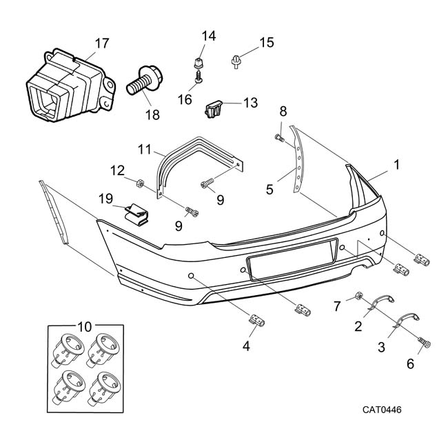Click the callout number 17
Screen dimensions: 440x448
pos(101,43)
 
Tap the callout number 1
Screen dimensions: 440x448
pos(396,165)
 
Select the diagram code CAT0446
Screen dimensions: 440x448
pos(382,410)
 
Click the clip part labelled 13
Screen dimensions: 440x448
pos(214,108)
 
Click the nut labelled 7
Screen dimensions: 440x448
pos(360,297)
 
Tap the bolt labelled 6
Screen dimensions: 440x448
pos(424,343)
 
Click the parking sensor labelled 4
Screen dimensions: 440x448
pos(256,318)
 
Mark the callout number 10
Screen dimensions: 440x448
pos(85,324)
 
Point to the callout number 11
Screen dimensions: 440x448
pos(143,148)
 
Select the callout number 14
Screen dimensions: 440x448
pos(208,36)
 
